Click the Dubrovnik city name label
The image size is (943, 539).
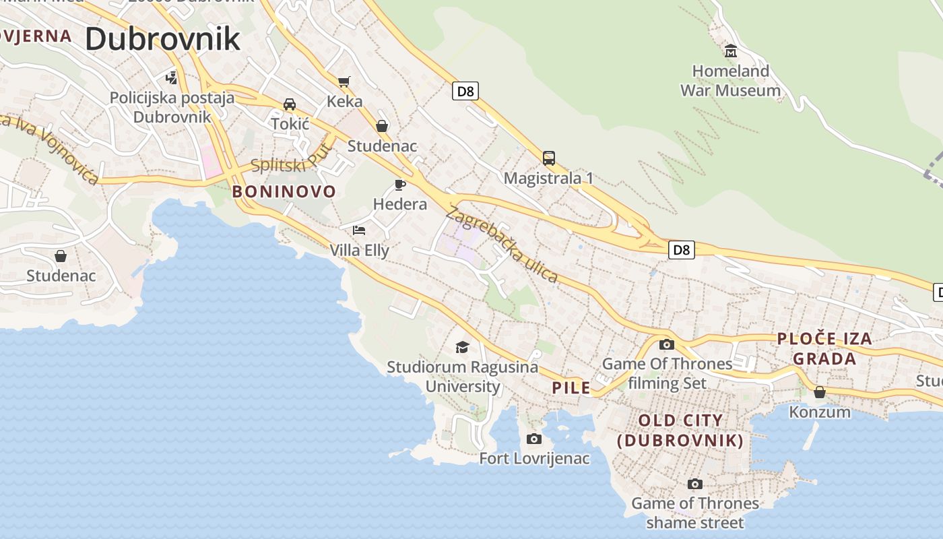coord(162,39)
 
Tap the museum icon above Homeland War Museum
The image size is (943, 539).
coord(730,51)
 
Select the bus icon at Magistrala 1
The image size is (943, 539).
coord(549,158)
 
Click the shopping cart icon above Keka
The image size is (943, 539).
coord(344,82)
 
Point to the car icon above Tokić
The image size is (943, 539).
coord(290,104)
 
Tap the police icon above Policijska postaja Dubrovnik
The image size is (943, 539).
coord(172,77)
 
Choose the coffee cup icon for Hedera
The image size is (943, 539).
coord(400,185)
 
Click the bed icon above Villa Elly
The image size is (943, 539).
coord(359,230)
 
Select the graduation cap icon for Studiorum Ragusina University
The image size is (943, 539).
coord(462,347)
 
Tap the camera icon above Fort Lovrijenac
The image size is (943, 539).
coord(533,439)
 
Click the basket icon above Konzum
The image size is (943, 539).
coord(820,391)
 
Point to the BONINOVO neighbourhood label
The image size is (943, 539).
coord(284,191)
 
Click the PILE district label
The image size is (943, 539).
coord(571,387)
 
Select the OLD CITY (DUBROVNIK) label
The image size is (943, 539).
coord(681,431)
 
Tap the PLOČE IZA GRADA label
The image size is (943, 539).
coord(824,348)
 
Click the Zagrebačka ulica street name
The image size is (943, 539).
coord(502,245)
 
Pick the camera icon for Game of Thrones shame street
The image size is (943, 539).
coord(695,484)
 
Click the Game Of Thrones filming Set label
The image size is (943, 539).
coord(667,373)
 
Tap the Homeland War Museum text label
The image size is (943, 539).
coord(730,80)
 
